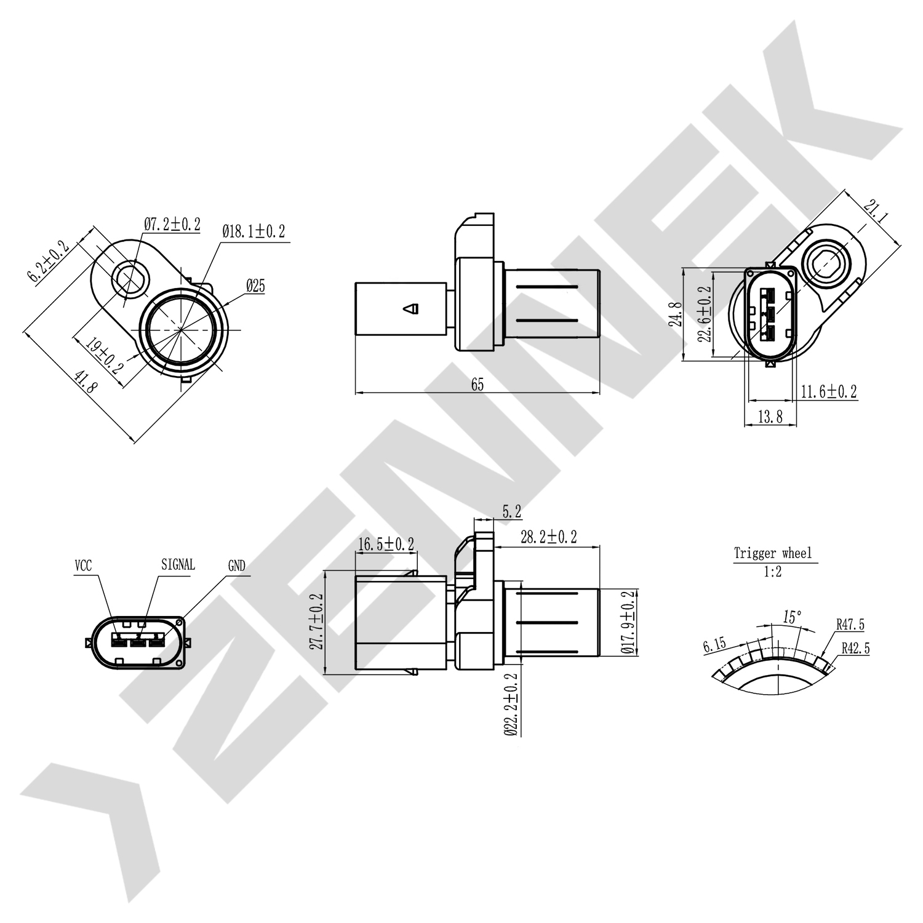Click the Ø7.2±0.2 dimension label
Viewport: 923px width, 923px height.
[172, 225]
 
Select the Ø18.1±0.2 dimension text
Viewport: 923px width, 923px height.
[254, 231]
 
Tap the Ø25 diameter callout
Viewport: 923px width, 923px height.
[255, 286]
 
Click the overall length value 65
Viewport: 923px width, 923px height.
[477, 385]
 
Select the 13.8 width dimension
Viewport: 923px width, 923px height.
[770, 417]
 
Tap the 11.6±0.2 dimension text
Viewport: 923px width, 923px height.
[829, 391]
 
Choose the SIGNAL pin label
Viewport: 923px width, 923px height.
[178, 564]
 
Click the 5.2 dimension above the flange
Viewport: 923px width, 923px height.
[511, 511]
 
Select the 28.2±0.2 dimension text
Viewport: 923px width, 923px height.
[548, 537]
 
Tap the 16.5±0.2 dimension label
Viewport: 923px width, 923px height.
[385, 544]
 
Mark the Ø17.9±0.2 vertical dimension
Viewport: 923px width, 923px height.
[628, 621]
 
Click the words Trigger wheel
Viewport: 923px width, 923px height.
[773, 553]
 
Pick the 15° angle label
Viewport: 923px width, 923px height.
[792, 616]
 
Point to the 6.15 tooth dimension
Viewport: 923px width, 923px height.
[714, 645]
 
